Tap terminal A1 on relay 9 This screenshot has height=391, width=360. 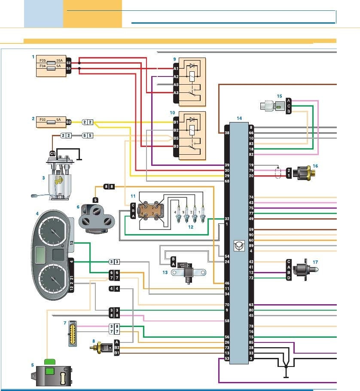(x=176, y=68)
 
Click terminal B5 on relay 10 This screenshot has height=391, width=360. (x=176, y=138)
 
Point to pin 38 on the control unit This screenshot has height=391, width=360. (x=226, y=133)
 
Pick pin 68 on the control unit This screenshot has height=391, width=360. (x=226, y=181)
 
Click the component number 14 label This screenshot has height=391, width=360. (x=239, y=118)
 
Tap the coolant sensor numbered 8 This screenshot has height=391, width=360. (x=101, y=346)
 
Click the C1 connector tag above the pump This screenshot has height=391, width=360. (x=52, y=153)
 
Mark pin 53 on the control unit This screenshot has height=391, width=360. (x=226, y=358)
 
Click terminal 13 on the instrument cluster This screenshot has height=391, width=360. (x=72, y=243)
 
